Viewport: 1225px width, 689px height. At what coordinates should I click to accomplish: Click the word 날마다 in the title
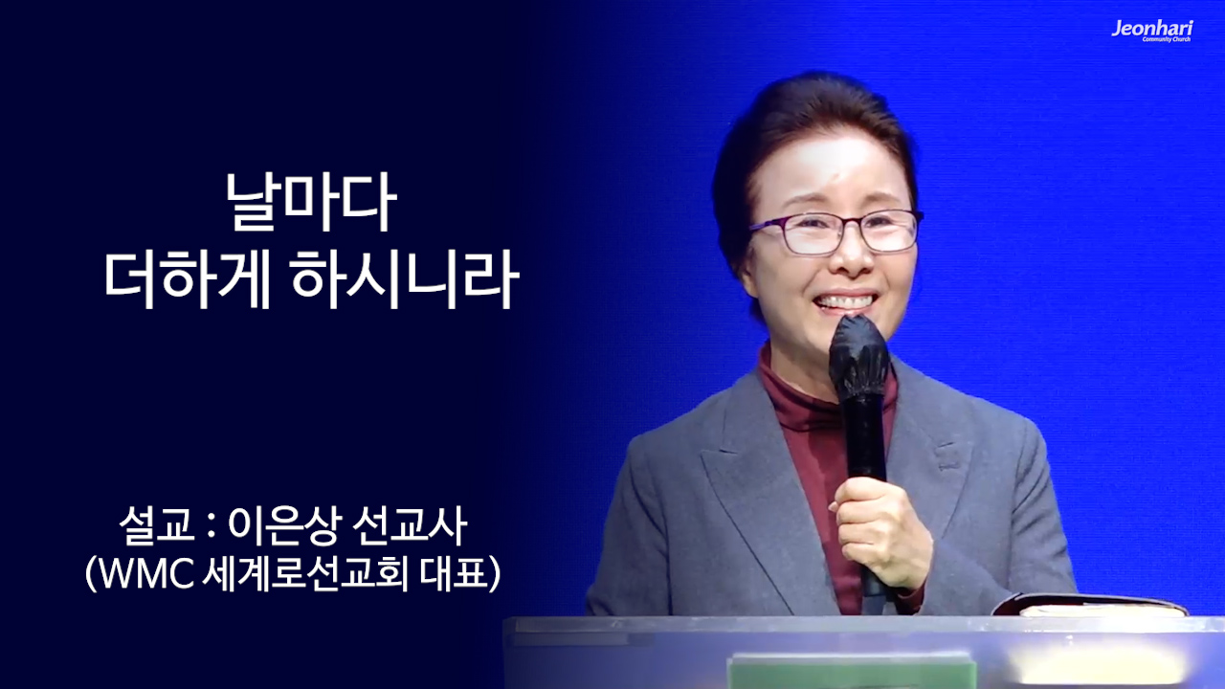(x=310, y=204)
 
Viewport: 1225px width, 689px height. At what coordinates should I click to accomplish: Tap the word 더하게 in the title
(x=187, y=279)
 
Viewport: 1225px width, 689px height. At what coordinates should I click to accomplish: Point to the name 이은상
(x=278, y=525)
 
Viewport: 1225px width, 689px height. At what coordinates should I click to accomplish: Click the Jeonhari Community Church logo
(x=1151, y=31)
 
